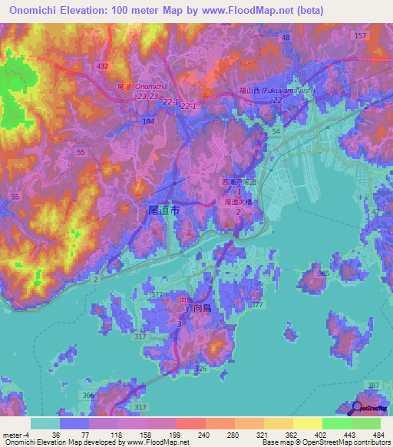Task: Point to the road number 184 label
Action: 148,121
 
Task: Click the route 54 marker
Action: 276,132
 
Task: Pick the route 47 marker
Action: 375,210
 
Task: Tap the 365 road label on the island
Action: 323,273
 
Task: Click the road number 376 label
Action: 201,369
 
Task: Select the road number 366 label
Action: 88,395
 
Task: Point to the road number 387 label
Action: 374,385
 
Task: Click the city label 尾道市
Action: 162,209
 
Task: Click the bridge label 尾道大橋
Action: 239,202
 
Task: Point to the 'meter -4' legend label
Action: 15,435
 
